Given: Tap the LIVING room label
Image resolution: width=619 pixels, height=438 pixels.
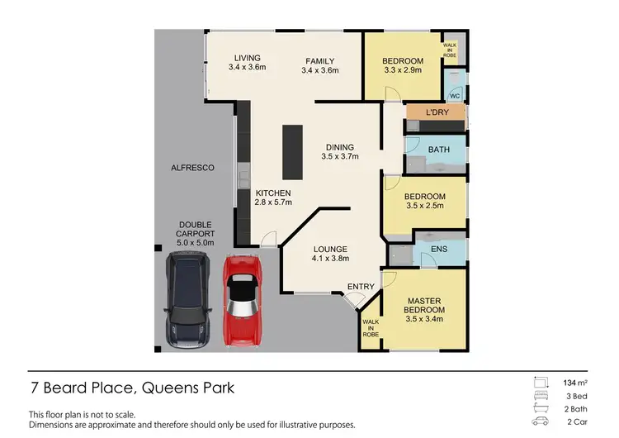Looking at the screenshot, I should tap(247, 58).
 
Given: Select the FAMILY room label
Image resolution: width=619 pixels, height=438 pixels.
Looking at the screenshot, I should tap(319, 61).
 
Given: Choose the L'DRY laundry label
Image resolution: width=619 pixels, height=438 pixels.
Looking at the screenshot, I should tap(437, 112).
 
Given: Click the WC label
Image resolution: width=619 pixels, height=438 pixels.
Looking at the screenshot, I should tap(455, 96).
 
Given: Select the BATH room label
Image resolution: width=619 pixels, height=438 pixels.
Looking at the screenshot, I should tap(439, 150).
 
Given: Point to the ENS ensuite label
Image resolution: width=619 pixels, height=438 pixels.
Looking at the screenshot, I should tap(440, 247).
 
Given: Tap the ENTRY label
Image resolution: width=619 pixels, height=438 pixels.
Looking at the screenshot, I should tap(361, 286).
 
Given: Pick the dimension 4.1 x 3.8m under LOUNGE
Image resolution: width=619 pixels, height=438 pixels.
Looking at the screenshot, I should tap(330, 259).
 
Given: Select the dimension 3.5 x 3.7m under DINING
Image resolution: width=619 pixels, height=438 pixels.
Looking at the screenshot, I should tap(340, 156).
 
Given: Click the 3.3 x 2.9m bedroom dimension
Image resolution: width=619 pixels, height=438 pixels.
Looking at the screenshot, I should tap(403, 71).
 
